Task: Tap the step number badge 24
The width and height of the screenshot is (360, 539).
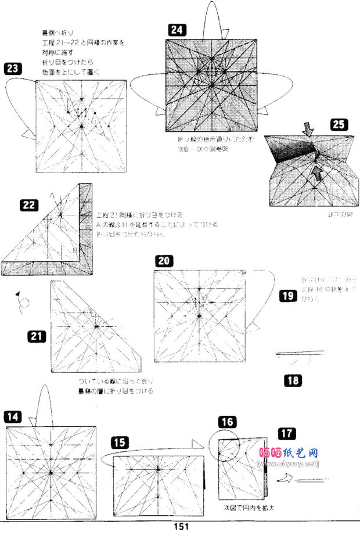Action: [177, 30]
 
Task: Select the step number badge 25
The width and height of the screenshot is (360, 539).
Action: [339, 124]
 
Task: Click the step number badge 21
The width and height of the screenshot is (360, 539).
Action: [37, 335]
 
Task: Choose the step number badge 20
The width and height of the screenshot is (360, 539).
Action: [163, 261]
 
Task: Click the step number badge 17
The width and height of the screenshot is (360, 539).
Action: [286, 433]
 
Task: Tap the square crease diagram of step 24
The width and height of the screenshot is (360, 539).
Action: [213, 85]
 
